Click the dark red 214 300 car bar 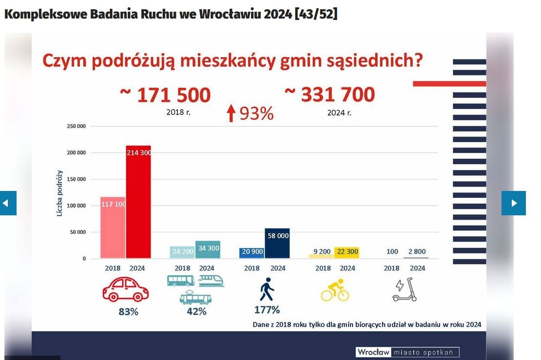[x=138, y=202]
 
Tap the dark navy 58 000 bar [x=277, y=243]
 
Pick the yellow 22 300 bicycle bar [x=347, y=252]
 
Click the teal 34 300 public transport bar [x=208, y=249]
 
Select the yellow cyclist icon [x=335, y=290]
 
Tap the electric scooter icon [x=406, y=289]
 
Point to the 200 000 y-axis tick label [x=77, y=153]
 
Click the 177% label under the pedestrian [x=267, y=310]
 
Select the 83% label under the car [x=128, y=312]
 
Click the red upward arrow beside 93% [x=231, y=114]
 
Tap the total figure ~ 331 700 [x=330, y=95]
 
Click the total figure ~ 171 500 [x=165, y=95]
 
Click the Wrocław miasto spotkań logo [x=407, y=352]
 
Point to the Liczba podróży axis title [x=60, y=193]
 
